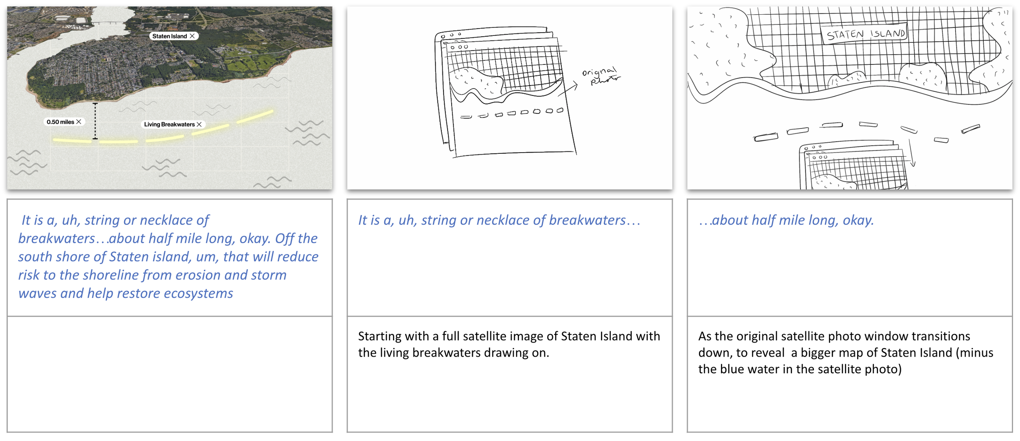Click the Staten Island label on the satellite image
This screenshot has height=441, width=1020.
170,36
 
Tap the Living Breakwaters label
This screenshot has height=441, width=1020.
169,124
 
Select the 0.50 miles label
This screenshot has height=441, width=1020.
60,122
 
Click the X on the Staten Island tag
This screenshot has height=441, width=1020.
192,36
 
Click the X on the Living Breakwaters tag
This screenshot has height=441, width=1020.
199,124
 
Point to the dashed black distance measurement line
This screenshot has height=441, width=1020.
95,121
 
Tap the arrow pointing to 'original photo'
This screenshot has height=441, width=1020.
568,90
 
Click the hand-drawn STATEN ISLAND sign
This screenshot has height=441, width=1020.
865,34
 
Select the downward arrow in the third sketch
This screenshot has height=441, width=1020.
911,153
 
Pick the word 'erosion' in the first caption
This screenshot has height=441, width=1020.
198,275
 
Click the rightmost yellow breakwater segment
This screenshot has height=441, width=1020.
255,116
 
